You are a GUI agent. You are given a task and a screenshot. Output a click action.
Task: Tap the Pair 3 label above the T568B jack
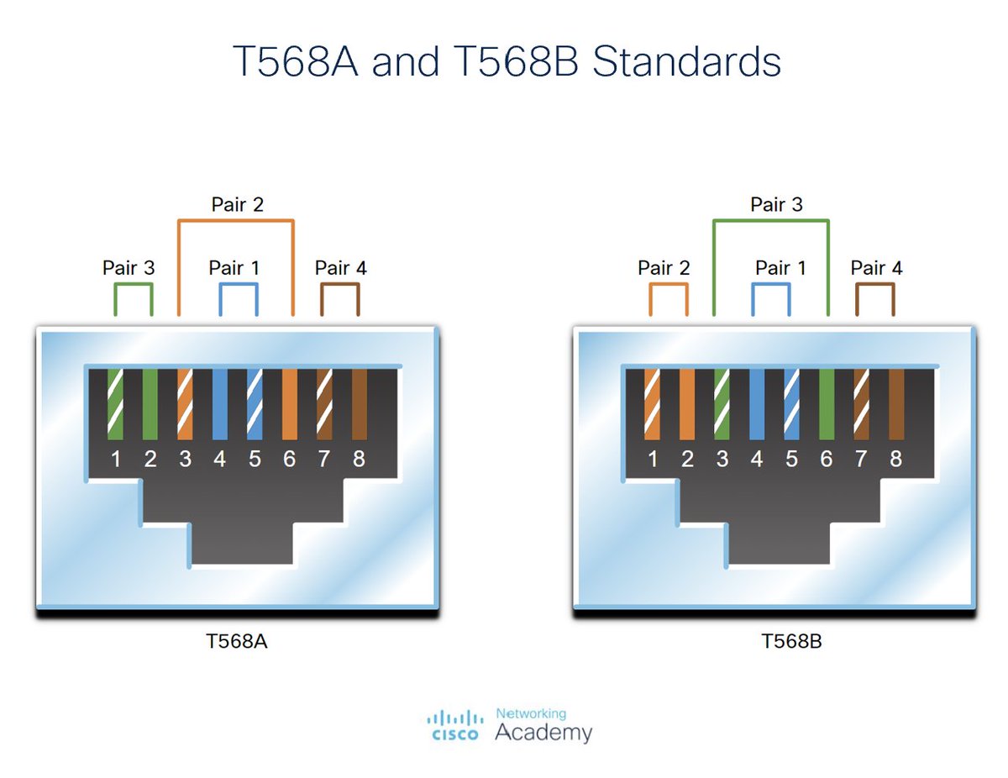(x=776, y=204)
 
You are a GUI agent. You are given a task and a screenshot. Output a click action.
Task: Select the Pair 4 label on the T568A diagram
(x=340, y=268)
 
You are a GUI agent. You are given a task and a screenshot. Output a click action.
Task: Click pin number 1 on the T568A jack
(x=116, y=460)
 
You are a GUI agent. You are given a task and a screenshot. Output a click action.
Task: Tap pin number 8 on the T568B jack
(x=895, y=460)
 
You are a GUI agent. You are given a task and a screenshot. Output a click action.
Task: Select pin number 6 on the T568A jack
(x=290, y=460)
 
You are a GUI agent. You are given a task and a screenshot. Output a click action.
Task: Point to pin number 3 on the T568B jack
(x=722, y=460)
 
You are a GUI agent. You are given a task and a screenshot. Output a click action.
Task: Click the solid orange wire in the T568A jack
(x=290, y=404)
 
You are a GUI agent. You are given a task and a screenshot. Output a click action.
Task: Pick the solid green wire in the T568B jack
(x=827, y=404)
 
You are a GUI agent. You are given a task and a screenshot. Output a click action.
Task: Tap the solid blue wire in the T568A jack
(x=220, y=404)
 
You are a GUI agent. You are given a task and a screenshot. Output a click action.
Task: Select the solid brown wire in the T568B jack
(x=896, y=404)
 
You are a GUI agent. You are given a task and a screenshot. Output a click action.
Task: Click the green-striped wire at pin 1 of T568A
(x=116, y=404)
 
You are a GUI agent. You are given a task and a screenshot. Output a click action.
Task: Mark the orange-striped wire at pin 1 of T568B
(x=652, y=404)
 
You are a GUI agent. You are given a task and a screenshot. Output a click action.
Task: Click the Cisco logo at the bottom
(x=455, y=724)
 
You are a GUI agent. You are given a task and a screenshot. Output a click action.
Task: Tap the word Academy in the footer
(x=543, y=732)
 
